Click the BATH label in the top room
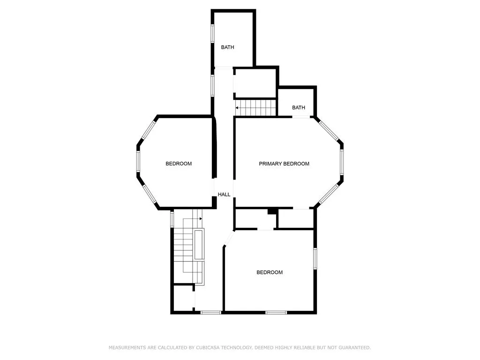pyautogui.click(x=227, y=47)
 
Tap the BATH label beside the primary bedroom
pyautogui.click(x=299, y=107)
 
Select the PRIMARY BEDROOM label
pyautogui.click(x=284, y=164)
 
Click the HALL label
pyautogui.click(x=224, y=195)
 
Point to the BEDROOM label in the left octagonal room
pyautogui.click(x=179, y=164)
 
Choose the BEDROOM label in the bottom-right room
pyautogui.click(x=270, y=272)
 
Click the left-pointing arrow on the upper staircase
pyautogui.click(x=237, y=108)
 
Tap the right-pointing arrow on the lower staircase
pyautogui.click(x=200, y=218)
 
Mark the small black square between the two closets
pyautogui.click(x=272, y=211)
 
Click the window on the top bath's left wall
pyautogui.click(x=212, y=33)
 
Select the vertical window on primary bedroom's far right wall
pyautogui.click(x=342, y=162)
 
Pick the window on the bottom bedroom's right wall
pyautogui.click(x=315, y=259)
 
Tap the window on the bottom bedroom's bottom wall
pyautogui.click(x=276, y=312)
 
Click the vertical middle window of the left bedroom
pyautogui.click(x=138, y=161)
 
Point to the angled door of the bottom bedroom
pyautogui.click(x=229, y=239)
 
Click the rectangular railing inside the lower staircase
pyautogui.click(x=199, y=245)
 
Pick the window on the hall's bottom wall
pyautogui.click(x=211, y=312)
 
